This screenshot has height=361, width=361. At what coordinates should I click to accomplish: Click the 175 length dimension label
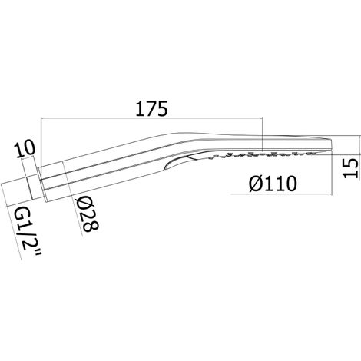151,109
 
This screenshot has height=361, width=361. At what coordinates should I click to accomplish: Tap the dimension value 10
24,150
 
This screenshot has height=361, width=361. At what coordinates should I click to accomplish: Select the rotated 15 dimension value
350,168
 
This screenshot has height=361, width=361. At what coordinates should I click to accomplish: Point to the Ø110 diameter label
273,184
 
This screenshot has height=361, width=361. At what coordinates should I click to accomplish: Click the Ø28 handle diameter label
88,214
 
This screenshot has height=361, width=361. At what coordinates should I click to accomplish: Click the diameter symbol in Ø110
256,184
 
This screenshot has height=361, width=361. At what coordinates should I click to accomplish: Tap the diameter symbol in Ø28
84,203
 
